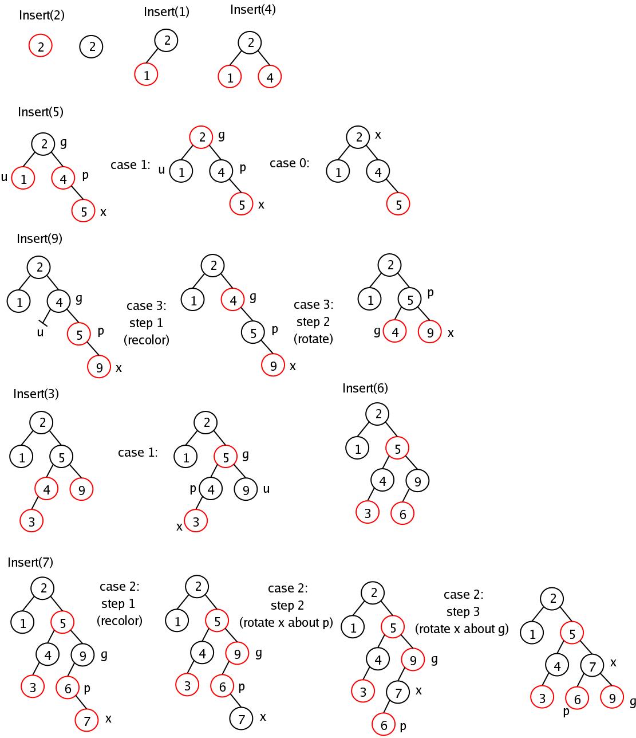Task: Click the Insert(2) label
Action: [x=41, y=15]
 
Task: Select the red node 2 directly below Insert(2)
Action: [x=41, y=46]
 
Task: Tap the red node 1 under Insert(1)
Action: [x=147, y=74]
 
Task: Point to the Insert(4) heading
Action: [x=252, y=10]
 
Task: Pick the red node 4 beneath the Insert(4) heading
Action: [x=270, y=77]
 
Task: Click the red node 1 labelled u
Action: [x=23, y=178]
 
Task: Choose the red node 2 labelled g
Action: [x=202, y=137]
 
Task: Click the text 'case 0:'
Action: [x=289, y=163]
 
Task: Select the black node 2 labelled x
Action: [x=358, y=137]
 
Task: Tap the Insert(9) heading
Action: [x=39, y=238]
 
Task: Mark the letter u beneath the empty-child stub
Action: [x=40, y=332]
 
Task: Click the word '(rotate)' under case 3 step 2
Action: [x=313, y=339]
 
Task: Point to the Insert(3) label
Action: [x=36, y=394]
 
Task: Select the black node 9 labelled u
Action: [x=246, y=489]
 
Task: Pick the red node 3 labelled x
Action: [x=196, y=521]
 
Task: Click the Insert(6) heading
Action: [x=365, y=388]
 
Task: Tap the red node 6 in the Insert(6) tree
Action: [x=402, y=514]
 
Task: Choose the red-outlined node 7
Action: [x=87, y=720]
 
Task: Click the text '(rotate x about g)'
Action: [x=462, y=629]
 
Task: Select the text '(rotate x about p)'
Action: [x=286, y=622]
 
